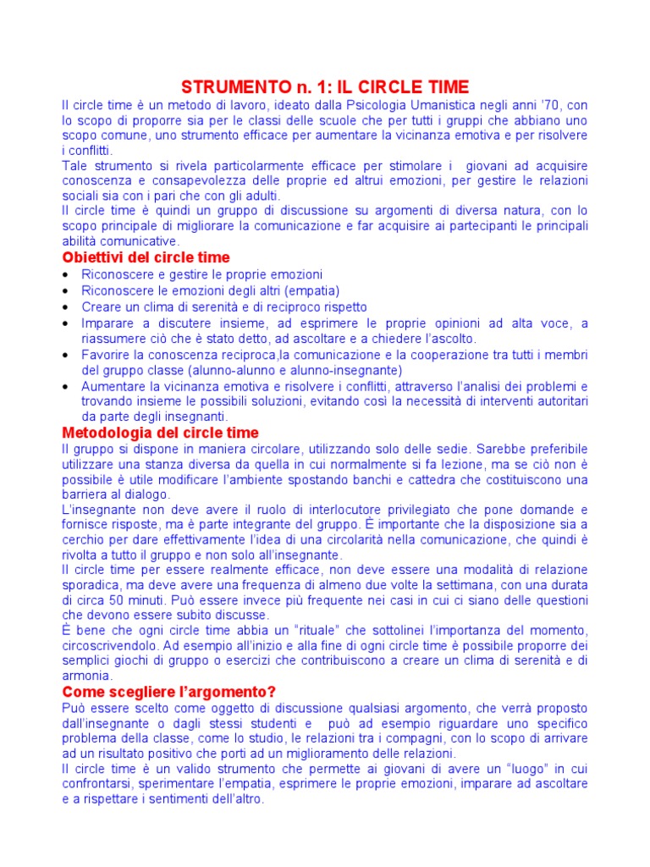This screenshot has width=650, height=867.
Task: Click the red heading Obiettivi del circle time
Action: click(x=146, y=257)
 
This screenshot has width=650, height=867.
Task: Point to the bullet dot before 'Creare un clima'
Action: click(x=67, y=307)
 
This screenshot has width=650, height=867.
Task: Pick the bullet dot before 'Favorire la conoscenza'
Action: click(x=67, y=356)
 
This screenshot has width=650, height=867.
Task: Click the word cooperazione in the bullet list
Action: click(x=464, y=355)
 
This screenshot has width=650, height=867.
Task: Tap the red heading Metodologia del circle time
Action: click(x=161, y=433)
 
